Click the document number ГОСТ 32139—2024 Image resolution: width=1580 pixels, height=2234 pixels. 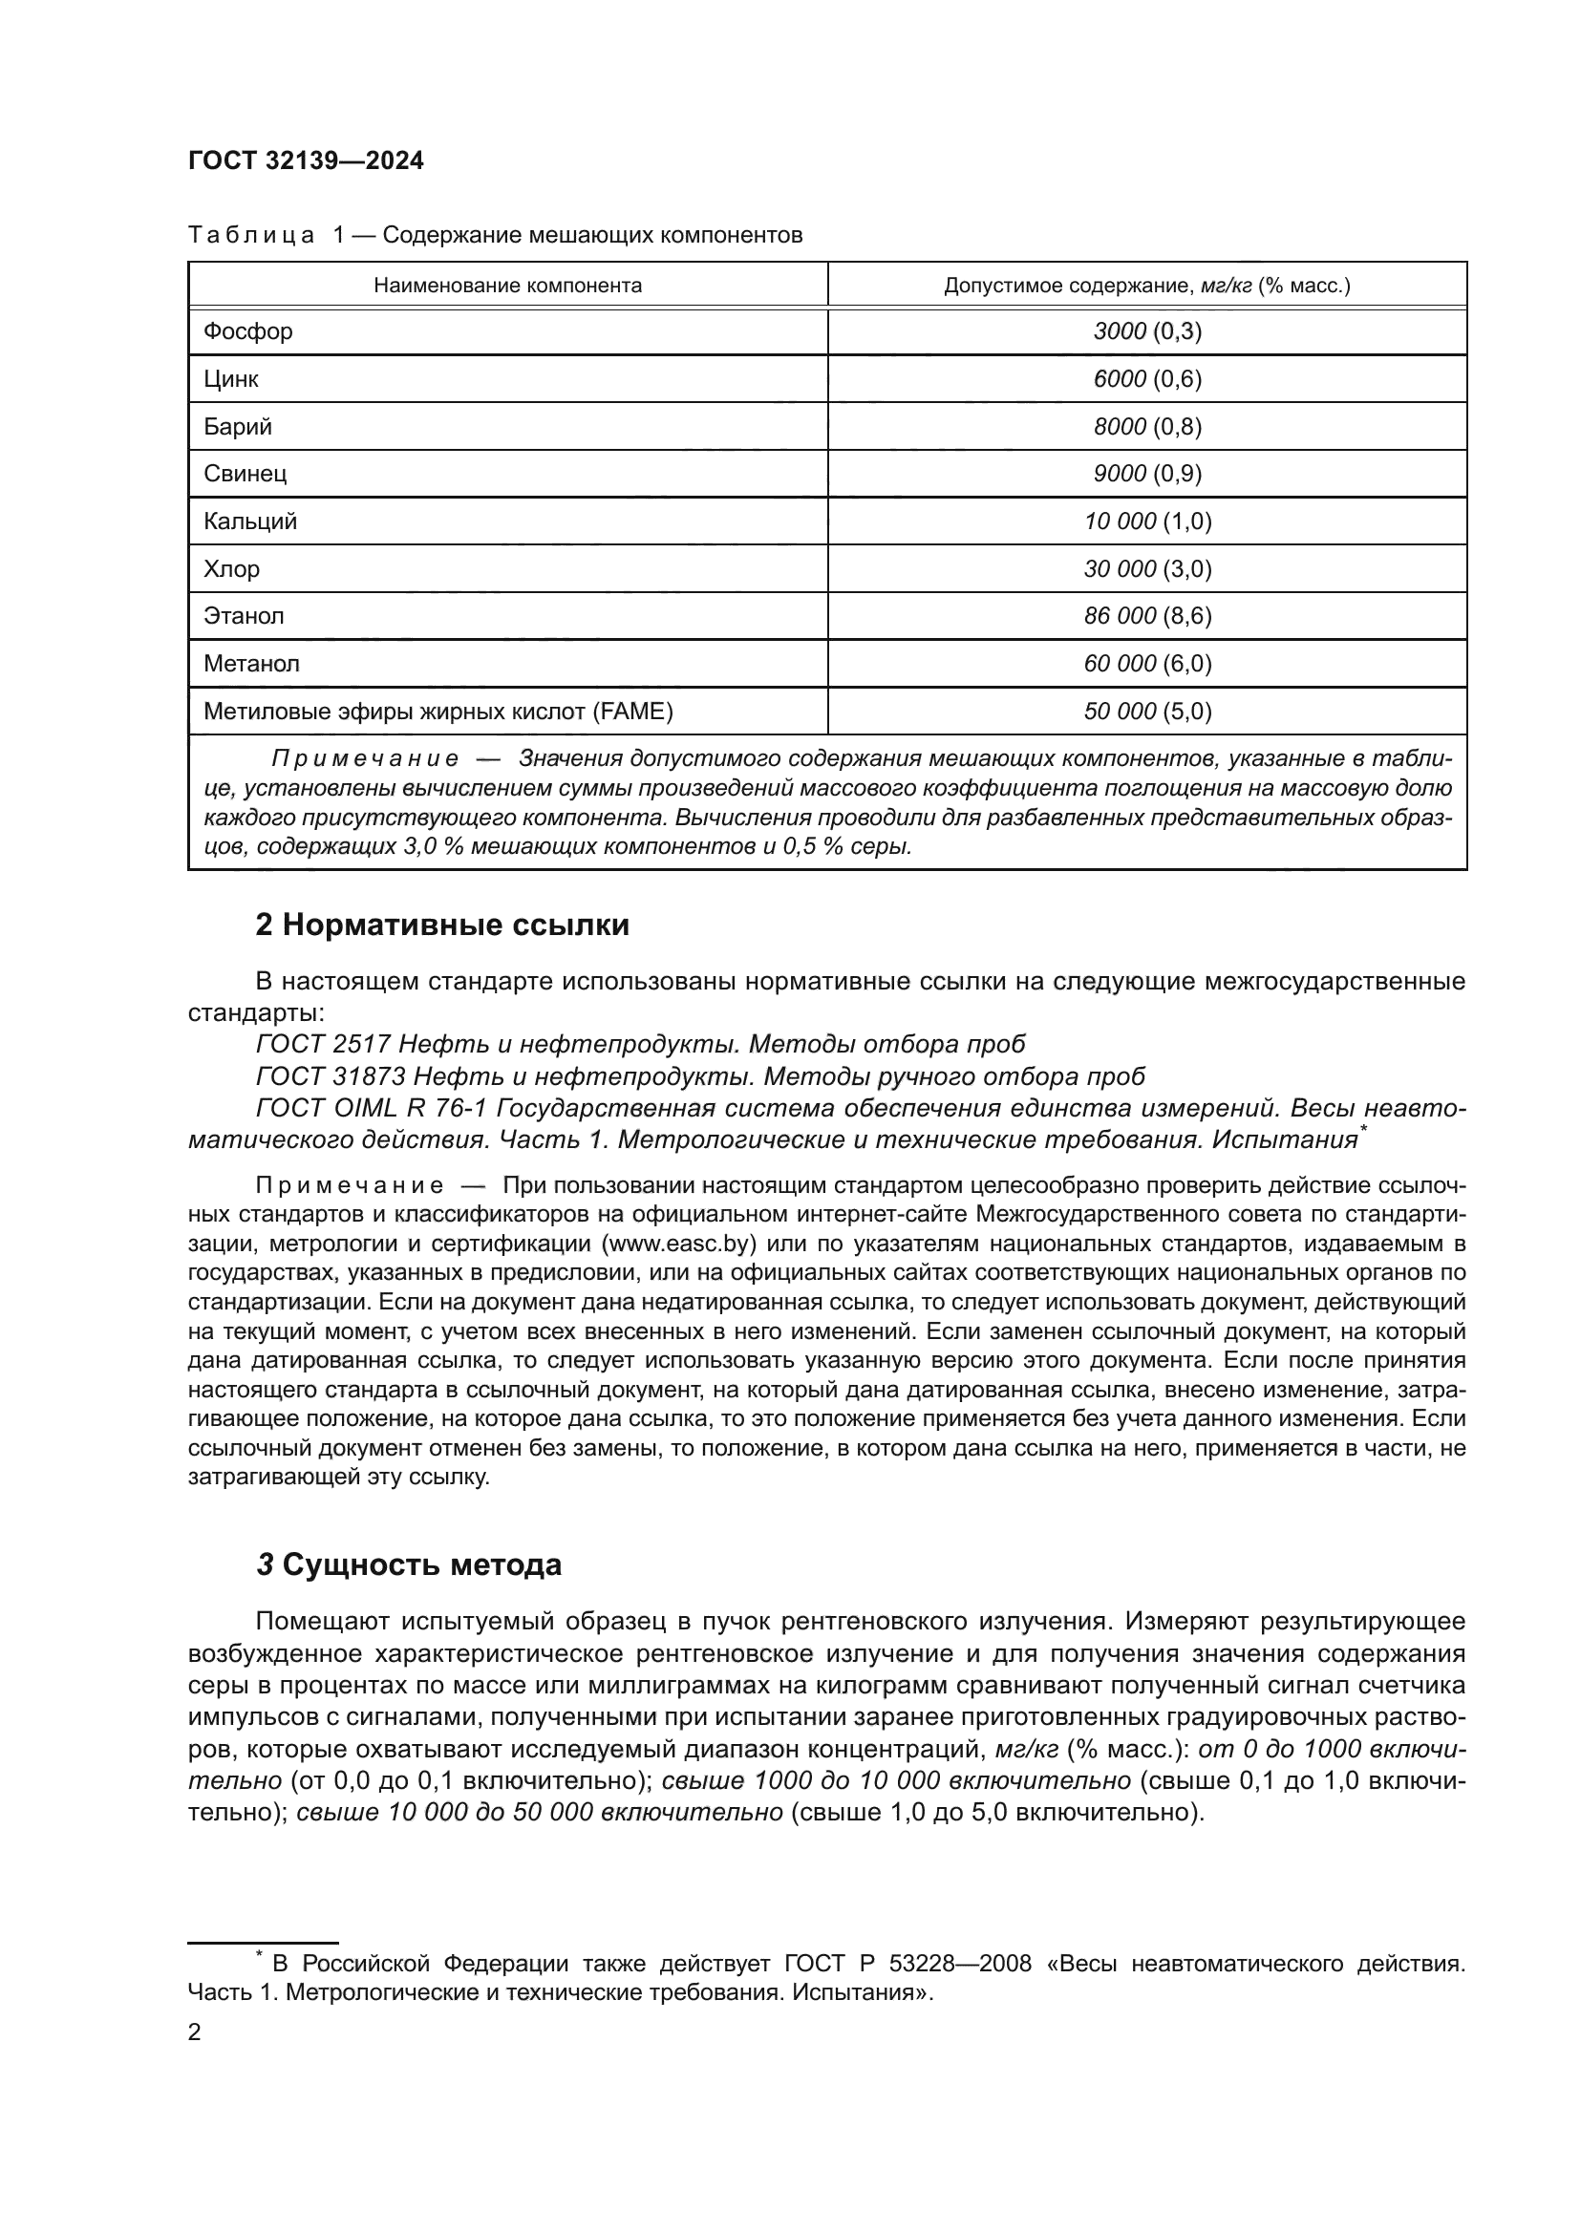click(306, 161)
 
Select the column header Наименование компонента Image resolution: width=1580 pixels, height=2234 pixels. click(508, 287)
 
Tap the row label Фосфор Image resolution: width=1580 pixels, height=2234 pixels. click(248, 331)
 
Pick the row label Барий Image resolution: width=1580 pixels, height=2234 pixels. click(238, 427)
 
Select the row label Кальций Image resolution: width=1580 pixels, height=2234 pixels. click(250, 521)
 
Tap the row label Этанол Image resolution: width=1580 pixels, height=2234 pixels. click(244, 616)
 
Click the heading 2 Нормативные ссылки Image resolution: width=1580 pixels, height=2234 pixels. click(441, 926)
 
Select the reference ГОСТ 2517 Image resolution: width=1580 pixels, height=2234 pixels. click(322, 1044)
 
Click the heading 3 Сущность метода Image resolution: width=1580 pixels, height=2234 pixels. click(409, 1564)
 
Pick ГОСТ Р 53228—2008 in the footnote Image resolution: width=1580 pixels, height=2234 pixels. click(907, 1964)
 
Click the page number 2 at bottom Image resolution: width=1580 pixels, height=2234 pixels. click(194, 2032)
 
